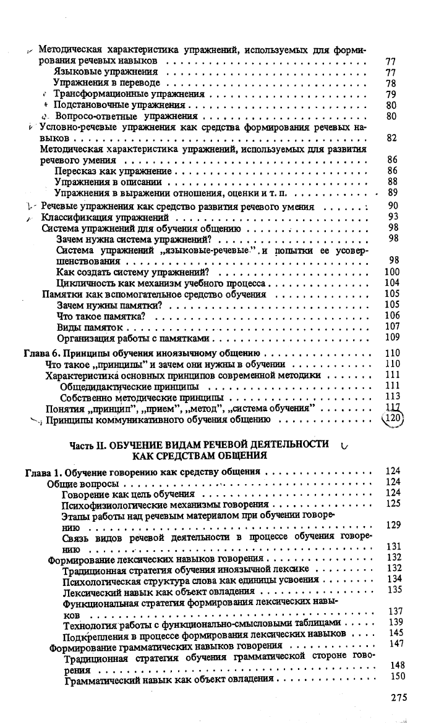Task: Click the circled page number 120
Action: [393, 419]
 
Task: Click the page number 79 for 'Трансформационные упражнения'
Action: [390, 94]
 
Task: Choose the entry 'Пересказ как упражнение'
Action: [114, 171]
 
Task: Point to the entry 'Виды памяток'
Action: [90, 327]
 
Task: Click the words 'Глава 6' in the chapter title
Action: [42, 354]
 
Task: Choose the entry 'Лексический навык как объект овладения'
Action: [150, 590]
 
